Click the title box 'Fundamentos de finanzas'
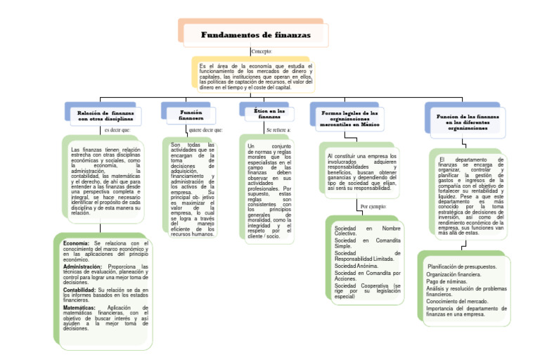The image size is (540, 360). (x=255, y=35)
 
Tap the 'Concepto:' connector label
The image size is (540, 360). (x=262, y=52)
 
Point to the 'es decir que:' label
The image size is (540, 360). (x=117, y=130)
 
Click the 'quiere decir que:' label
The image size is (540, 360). (x=205, y=130)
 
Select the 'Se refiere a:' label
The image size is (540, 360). (x=278, y=130)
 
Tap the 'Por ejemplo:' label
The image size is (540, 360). (x=373, y=207)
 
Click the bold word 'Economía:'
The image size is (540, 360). (x=76, y=243)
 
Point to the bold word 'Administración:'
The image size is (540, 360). (x=82, y=267)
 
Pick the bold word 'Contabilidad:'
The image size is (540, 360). (x=79, y=290)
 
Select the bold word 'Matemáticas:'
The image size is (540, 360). (x=79, y=308)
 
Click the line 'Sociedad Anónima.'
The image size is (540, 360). (x=357, y=266)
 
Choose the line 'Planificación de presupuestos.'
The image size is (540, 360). (x=462, y=266)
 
